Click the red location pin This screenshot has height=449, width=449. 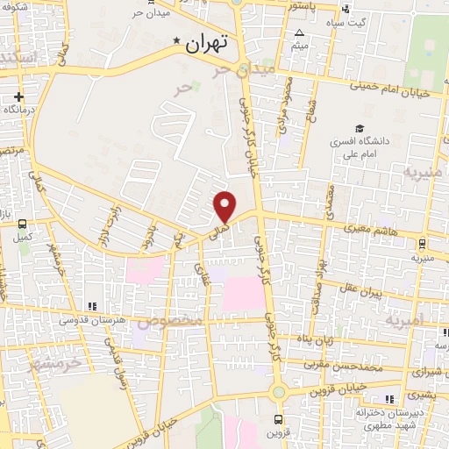[x=225, y=205]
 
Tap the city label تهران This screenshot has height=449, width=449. [x=209, y=42]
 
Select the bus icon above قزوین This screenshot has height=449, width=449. [x=278, y=419]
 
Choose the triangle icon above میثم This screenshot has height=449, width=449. [x=299, y=32]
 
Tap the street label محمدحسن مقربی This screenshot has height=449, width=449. [x=345, y=360]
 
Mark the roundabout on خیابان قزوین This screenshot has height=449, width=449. [x=278, y=392]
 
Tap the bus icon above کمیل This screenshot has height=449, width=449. [x=20, y=224]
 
